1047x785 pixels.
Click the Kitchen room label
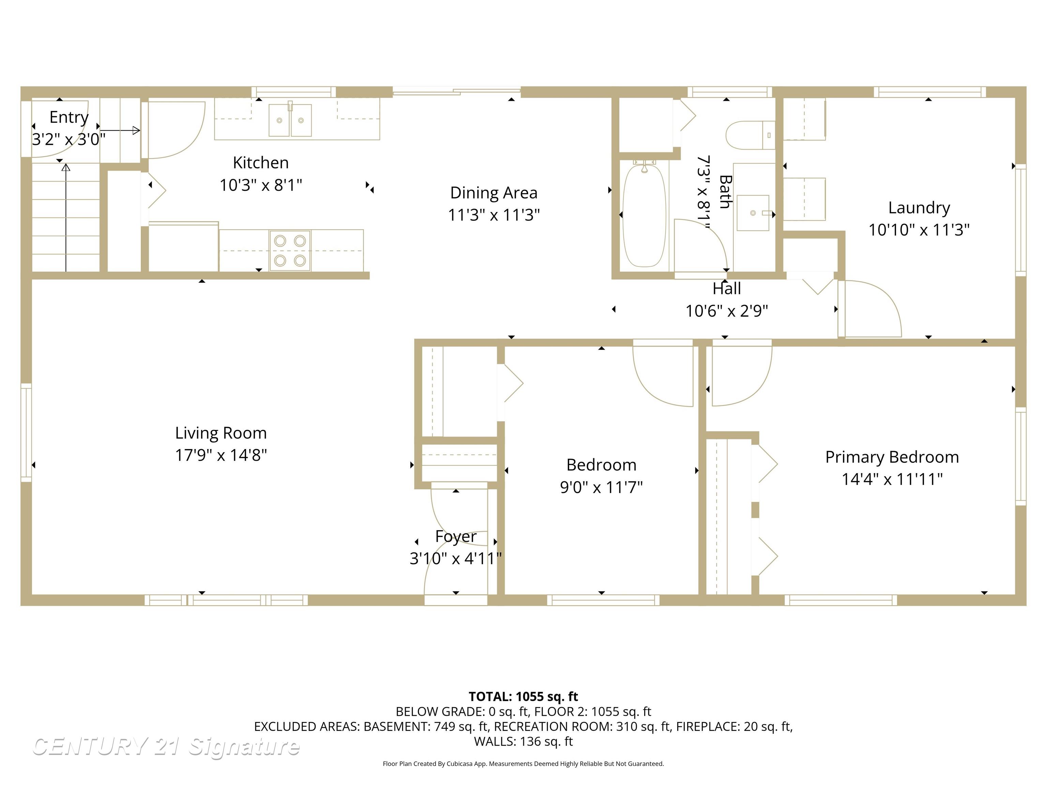(261, 163)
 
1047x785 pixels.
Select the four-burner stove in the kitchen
(290, 251)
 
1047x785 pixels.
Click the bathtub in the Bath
(644, 216)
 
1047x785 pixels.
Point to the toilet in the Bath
(750, 135)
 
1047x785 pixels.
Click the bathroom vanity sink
(753, 213)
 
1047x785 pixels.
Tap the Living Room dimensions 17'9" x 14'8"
(221, 455)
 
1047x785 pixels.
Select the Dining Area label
(494, 193)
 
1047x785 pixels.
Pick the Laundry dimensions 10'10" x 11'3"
(919, 230)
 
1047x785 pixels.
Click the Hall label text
(727, 289)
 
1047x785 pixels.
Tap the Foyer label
(456, 537)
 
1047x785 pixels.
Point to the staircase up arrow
(66, 218)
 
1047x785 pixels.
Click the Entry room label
(69, 117)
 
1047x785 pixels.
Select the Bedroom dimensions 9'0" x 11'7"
(601, 487)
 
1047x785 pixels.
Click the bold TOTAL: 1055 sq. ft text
(523, 696)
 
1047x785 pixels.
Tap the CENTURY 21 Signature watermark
(166, 747)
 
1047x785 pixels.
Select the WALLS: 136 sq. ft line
(523, 741)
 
